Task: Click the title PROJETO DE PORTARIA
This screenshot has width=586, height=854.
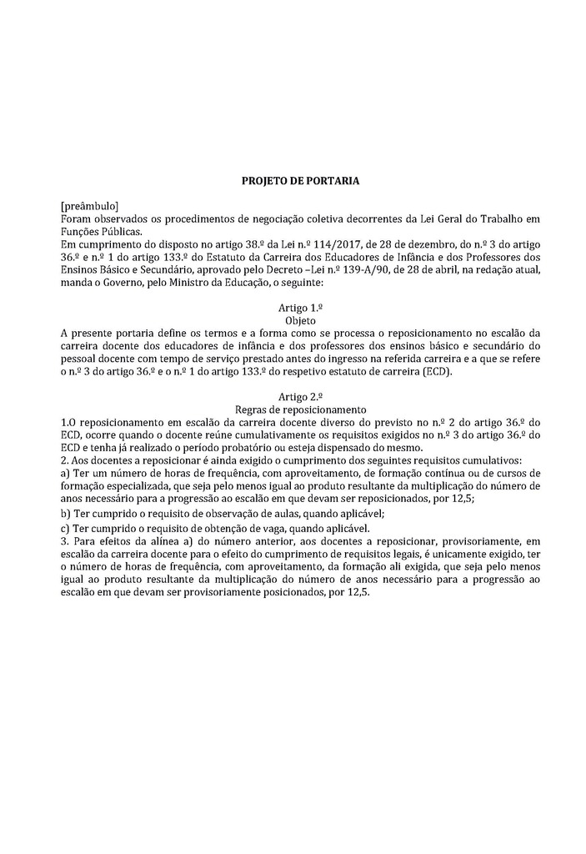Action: pyautogui.click(x=300, y=179)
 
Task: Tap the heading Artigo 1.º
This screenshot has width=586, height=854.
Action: pyautogui.click(x=300, y=308)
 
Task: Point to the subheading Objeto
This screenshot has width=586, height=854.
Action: pyautogui.click(x=300, y=320)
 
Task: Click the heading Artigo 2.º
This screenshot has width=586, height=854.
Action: pyautogui.click(x=300, y=397)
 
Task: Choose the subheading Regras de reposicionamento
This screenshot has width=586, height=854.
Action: pyautogui.click(x=300, y=409)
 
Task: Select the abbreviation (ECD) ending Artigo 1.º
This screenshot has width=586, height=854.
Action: pyautogui.click(x=436, y=371)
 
